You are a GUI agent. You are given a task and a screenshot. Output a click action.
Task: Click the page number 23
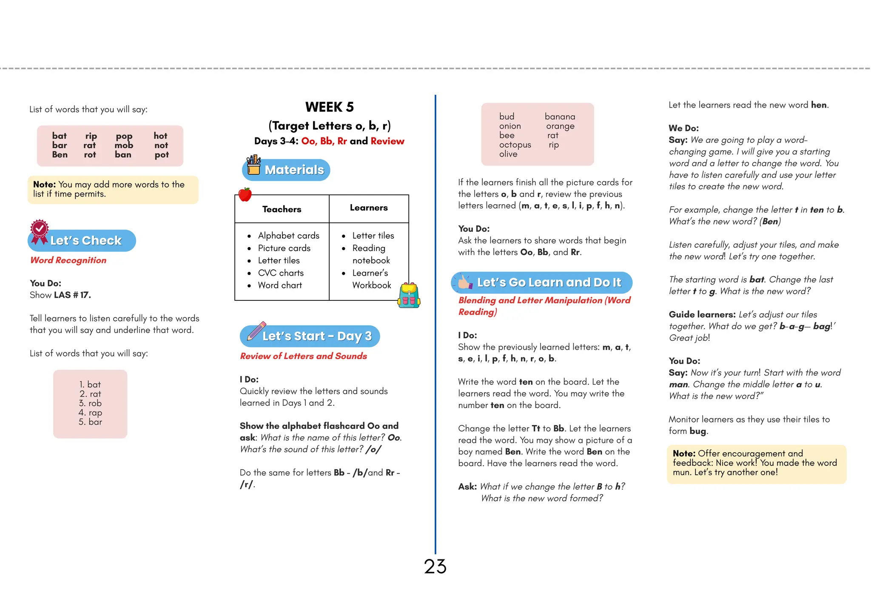pos(435,567)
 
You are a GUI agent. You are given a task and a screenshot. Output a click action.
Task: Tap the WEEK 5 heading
pos(329,107)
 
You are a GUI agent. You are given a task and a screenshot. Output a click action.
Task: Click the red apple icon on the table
pos(245,194)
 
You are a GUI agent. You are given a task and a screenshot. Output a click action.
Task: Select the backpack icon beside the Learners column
pos(409,295)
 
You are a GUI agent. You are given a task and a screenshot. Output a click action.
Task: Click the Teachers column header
pos(282,209)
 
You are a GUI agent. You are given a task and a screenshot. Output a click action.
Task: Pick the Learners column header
pos(369,208)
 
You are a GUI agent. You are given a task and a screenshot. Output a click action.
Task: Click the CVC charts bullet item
pos(281,273)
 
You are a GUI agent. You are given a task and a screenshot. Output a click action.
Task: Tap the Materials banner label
pos(294,170)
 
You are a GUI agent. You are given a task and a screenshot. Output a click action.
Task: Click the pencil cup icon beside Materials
pos(253,165)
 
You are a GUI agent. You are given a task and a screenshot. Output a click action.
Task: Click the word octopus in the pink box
pos(515,145)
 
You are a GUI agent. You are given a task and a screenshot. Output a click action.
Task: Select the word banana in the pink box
pos(560,117)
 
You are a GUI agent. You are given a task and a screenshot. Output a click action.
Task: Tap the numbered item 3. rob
pos(90,403)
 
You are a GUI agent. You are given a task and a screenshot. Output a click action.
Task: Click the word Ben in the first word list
pos(60,155)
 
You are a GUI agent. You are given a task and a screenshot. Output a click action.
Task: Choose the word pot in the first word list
pos(162,155)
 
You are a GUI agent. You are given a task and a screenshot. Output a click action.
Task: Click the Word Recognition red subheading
pos(68,260)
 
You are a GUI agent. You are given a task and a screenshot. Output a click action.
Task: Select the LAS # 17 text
pos(72,295)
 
